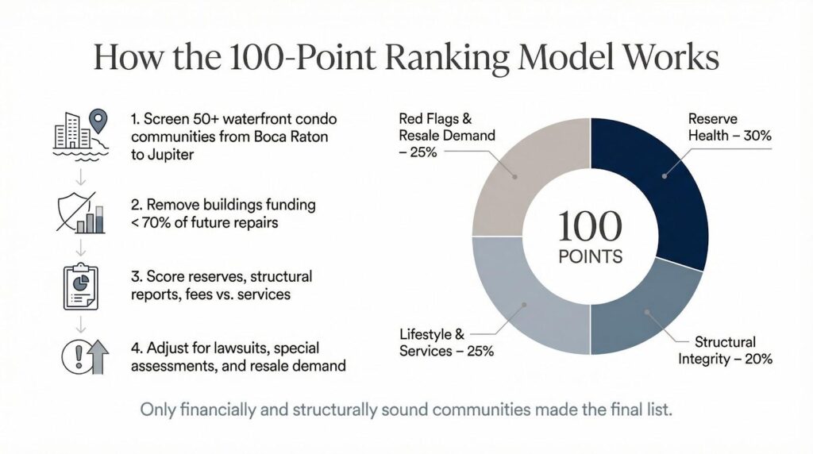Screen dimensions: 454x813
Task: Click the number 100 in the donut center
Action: tap(590, 227)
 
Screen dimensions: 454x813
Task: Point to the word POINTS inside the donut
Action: tap(590, 258)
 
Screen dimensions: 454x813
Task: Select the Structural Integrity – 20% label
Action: tap(725, 350)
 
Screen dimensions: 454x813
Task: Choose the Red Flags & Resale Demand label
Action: tap(444, 135)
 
